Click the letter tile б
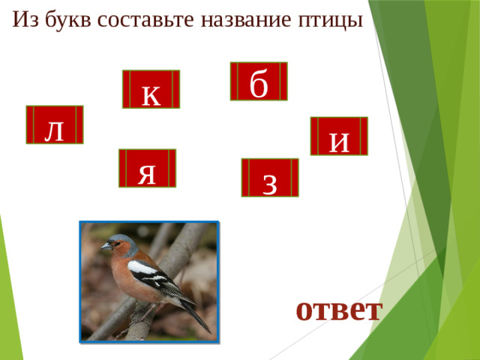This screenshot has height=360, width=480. click(x=259, y=81)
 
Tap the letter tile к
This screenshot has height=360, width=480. click(x=151, y=89)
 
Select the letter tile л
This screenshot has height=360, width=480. click(x=54, y=124)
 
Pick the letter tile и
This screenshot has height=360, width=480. click(x=339, y=136)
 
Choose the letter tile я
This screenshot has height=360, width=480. click(x=147, y=168)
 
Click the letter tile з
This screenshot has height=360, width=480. click(x=269, y=178)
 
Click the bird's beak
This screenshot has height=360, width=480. click(x=106, y=246)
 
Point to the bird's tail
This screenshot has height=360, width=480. click(x=198, y=318)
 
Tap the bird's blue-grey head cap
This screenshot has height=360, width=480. click(x=122, y=238)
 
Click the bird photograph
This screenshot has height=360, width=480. click(x=149, y=282)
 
